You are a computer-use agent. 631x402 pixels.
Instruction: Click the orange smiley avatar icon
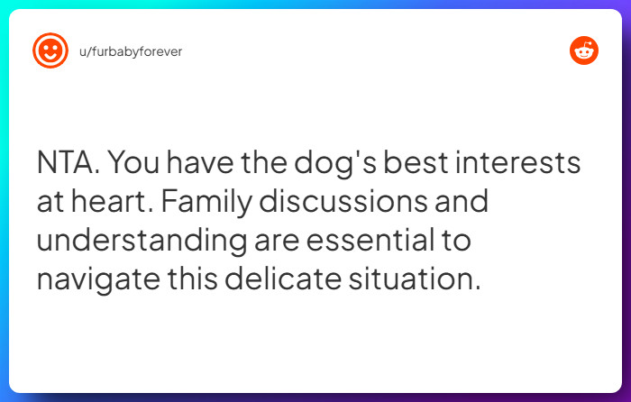[50, 50]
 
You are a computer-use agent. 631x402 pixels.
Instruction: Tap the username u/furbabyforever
[131, 51]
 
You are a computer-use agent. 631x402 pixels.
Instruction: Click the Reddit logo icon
[584, 50]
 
